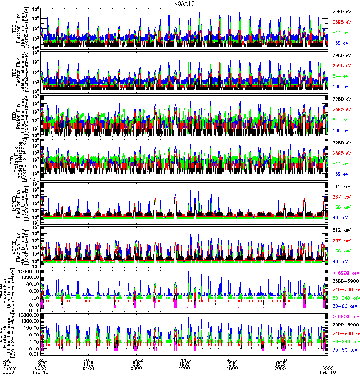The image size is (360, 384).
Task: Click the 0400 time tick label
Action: [88, 369]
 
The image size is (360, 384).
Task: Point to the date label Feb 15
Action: [40, 373]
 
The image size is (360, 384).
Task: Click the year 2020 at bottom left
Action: [8, 373]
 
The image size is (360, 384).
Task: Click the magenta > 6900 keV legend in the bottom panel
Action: [345, 317]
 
